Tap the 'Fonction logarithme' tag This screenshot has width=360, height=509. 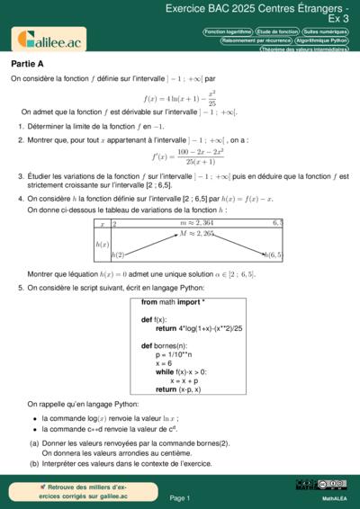click(x=228, y=31)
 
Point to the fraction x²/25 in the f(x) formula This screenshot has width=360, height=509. click(x=212, y=97)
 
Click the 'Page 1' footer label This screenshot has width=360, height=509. click(x=180, y=497)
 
